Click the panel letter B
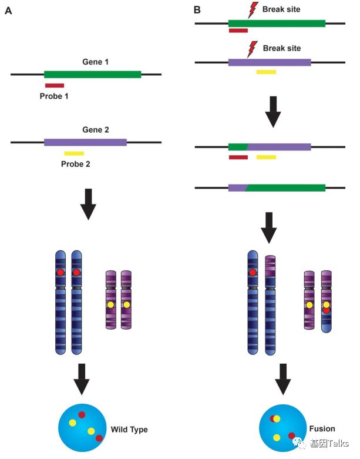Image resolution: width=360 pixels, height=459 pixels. point(197,10)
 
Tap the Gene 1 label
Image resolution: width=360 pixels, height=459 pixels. point(96,61)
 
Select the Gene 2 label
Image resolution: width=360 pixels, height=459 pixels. point(95,130)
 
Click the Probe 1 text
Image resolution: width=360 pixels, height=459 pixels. point(55,96)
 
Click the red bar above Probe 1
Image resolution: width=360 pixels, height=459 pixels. point(54,86)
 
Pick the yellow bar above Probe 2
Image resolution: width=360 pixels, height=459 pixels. point(74,153)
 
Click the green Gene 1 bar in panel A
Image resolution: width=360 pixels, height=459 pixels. point(92,74)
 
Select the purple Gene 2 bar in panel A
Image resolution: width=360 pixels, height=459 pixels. point(85,142)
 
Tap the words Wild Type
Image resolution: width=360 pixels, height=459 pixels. point(129,430)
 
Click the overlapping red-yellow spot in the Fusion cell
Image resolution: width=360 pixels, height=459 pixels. point(275,419)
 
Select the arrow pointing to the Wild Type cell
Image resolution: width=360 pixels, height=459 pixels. point(82,379)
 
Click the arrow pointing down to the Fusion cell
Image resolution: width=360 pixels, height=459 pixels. point(284,379)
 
